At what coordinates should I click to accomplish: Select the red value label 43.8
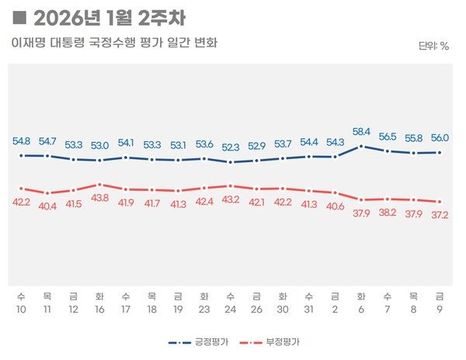[99, 199]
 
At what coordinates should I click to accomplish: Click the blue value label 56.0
[440, 137]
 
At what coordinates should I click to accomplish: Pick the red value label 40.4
[47, 206]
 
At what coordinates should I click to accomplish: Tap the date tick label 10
[21, 307]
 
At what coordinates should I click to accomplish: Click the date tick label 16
[99, 307]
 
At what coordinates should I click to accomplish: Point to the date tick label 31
[309, 307]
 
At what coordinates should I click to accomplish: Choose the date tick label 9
[440, 307]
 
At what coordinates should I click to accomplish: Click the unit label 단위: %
[433, 45]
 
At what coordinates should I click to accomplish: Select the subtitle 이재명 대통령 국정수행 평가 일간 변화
[114, 42]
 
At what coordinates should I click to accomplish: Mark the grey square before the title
[21, 16]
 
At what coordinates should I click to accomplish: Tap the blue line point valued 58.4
[361, 146]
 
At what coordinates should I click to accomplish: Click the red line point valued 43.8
[99, 185]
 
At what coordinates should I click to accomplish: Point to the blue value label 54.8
[22, 141]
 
